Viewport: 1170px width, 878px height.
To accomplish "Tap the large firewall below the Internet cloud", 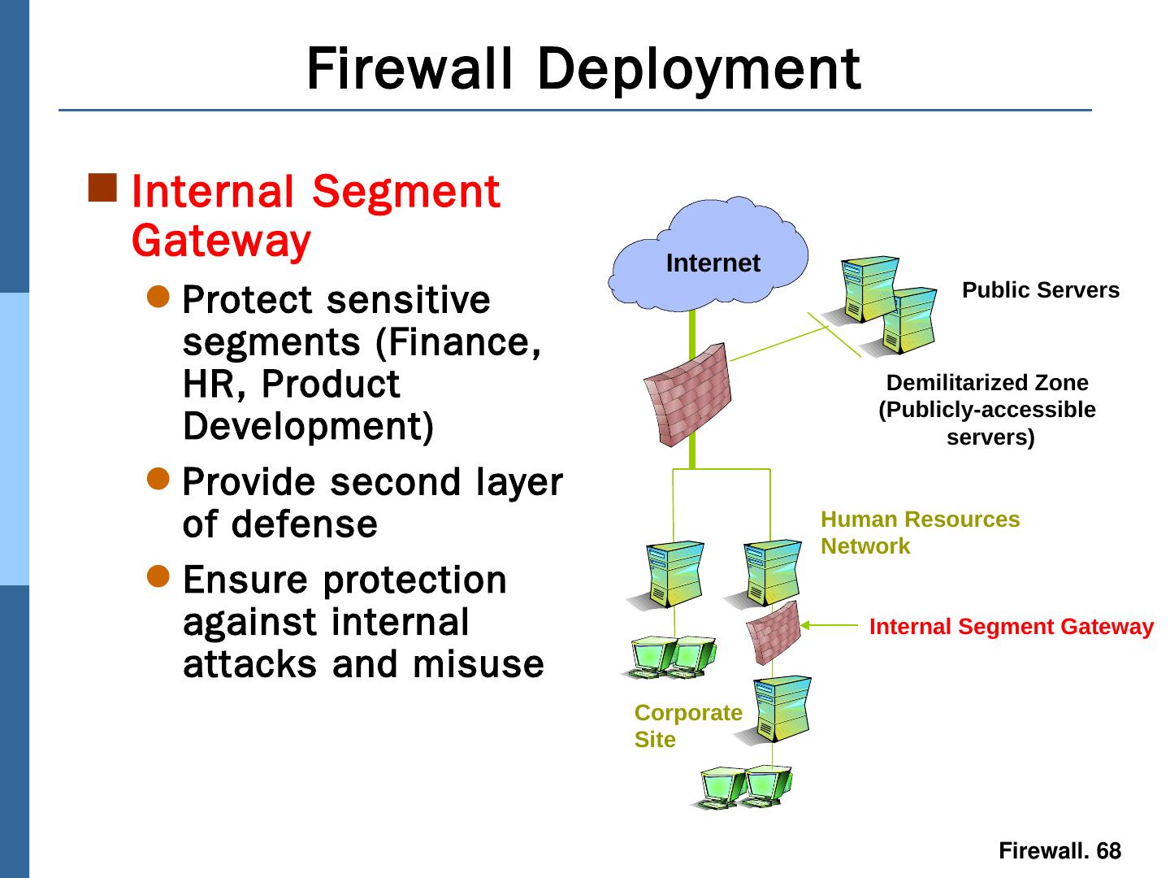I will [687, 395].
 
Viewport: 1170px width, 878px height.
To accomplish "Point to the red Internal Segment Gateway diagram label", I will [1011, 627].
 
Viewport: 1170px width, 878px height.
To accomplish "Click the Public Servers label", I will [1040, 290].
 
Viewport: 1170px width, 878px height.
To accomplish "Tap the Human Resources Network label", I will [919, 532].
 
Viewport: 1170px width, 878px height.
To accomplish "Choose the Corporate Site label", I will [687, 726].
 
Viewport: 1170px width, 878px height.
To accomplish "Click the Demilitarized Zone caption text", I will [987, 410].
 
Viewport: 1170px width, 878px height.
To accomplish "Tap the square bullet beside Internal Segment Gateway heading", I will [103, 188].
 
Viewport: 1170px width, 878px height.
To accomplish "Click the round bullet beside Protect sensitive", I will [159, 297].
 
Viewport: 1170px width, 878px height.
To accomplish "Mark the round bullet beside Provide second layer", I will [159, 478].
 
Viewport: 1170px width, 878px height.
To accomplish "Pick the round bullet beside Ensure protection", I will [159, 576].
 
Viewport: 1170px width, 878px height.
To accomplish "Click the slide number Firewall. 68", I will [1059, 851].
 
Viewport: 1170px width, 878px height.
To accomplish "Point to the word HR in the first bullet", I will [207, 384].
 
